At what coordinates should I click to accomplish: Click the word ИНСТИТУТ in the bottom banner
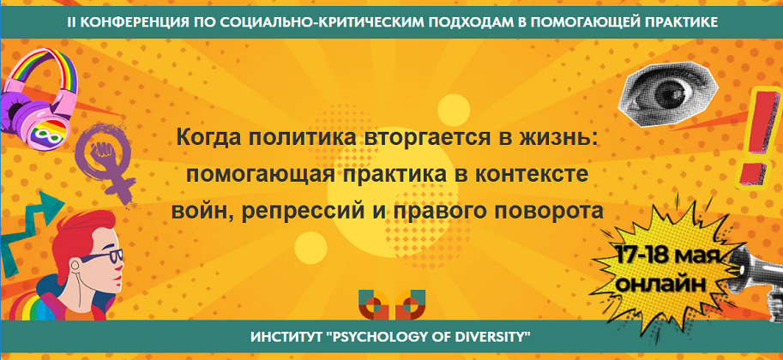[286, 333]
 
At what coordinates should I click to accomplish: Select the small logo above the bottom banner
[391, 304]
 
